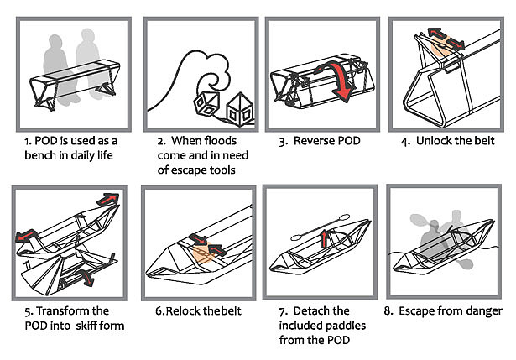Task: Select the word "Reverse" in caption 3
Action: click(314, 141)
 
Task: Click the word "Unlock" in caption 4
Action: click(436, 140)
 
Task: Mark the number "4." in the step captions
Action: click(407, 140)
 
